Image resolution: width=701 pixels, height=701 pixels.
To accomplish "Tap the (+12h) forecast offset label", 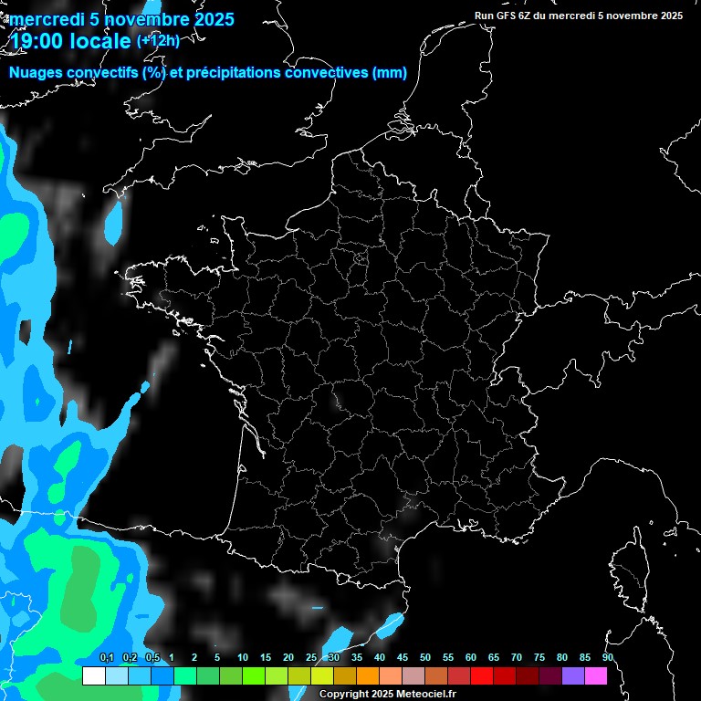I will (158, 40).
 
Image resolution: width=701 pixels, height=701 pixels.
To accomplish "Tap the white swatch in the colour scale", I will (93, 675).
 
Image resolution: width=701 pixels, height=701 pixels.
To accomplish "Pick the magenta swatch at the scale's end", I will (596, 675).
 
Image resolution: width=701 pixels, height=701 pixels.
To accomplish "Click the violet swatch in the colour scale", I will (573, 675).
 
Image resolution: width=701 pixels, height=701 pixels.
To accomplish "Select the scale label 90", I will (607, 657).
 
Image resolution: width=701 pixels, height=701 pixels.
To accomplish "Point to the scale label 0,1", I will (107, 657).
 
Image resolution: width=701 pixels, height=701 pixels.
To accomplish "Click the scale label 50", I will (425, 657).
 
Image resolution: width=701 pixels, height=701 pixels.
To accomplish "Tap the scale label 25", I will (311, 657).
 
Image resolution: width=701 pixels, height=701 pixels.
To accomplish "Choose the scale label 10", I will (243, 657).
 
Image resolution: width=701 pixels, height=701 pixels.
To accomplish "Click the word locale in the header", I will (99, 42).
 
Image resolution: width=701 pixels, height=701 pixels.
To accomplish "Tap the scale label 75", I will (539, 657).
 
